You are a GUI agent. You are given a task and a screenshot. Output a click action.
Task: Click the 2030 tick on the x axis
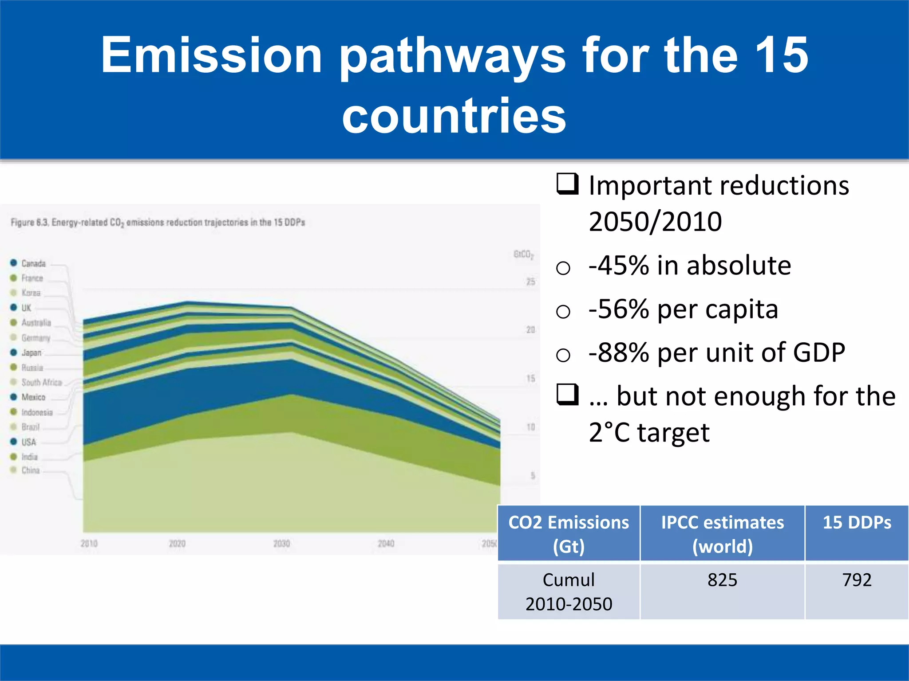281,544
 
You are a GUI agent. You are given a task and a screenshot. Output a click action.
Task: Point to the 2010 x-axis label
89,544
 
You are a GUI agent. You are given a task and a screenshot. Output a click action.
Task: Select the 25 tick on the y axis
530,282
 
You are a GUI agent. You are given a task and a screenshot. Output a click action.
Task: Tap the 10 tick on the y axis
530,427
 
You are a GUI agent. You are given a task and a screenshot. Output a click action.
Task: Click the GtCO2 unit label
523,254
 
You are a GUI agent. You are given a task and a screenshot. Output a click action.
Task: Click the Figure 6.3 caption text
158,223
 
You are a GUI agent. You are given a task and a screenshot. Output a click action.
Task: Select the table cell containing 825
722,580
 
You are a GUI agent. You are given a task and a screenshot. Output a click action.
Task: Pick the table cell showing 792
857,580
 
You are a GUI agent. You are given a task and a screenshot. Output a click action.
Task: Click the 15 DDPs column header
857,523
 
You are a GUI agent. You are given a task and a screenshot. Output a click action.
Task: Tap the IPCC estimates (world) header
722,534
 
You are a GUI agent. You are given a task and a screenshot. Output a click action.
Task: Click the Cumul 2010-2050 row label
569,591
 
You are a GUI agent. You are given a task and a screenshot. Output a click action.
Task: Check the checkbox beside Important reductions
568,184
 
